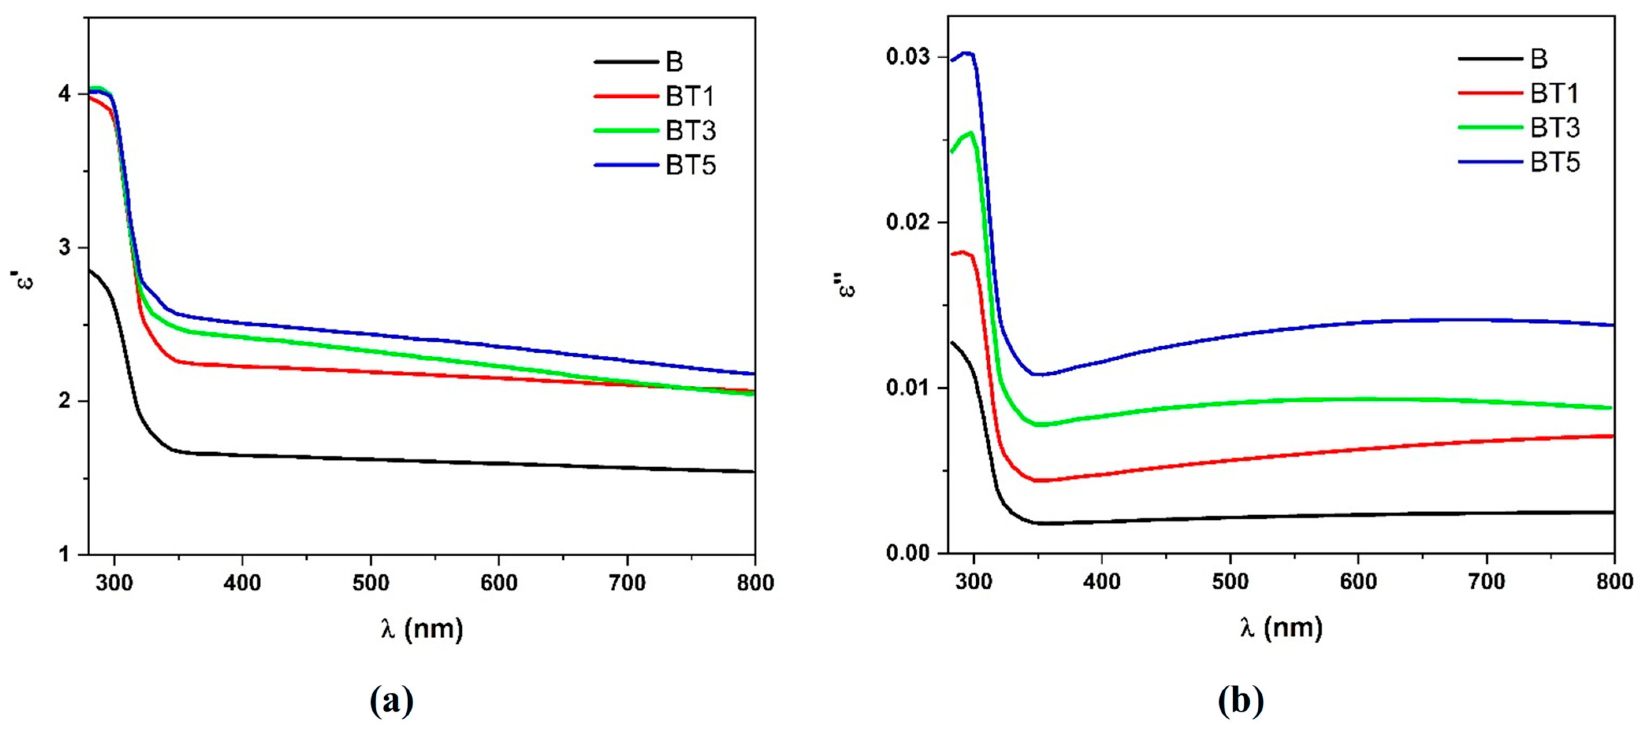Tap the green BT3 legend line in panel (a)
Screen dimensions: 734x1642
[626, 131]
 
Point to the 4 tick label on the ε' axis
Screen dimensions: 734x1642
[64, 94]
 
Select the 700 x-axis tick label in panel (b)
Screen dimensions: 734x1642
[1486, 582]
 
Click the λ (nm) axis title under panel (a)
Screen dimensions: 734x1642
[422, 629]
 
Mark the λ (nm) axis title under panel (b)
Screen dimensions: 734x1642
[1281, 628]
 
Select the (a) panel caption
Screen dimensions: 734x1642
[391, 701]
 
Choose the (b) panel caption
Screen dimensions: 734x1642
[1240, 701]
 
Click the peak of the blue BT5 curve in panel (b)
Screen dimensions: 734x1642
[966, 53]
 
